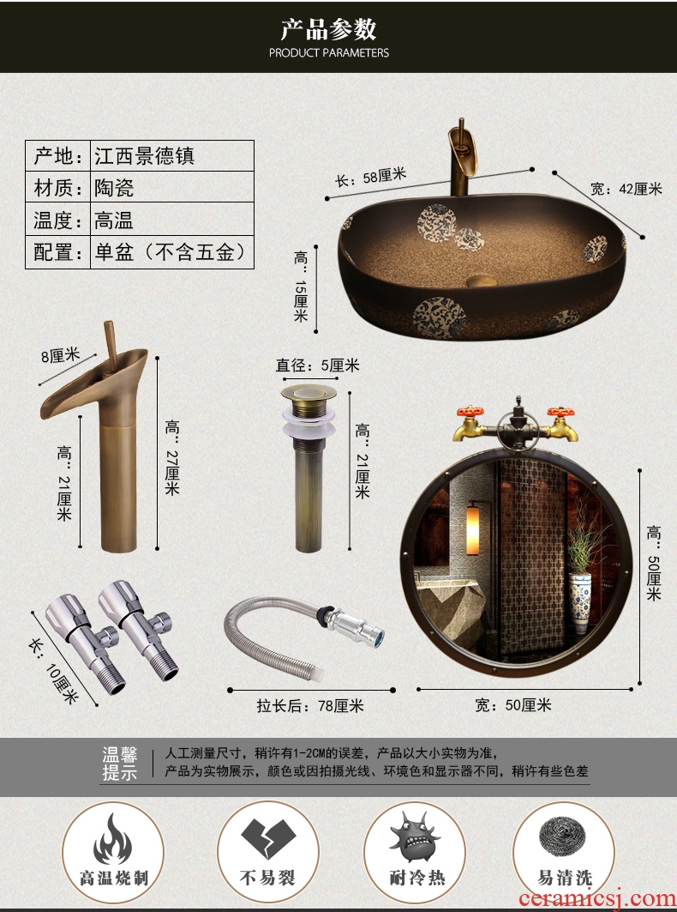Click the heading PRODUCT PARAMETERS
click(329, 53)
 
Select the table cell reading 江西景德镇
click(145, 156)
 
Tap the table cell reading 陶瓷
click(115, 187)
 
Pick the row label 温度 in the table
click(57, 220)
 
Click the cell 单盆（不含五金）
click(171, 252)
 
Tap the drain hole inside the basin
click(482, 281)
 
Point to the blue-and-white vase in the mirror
click(580, 602)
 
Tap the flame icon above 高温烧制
click(113, 838)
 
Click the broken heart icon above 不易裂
click(268, 838)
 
